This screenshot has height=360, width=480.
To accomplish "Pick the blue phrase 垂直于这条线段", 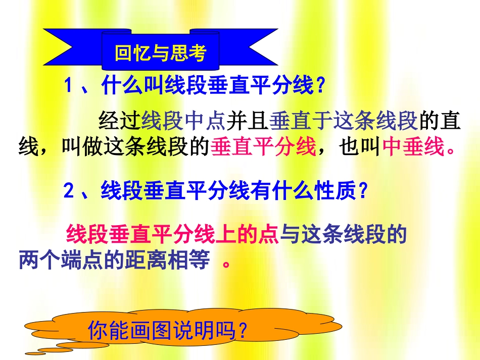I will tap(343, 121).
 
